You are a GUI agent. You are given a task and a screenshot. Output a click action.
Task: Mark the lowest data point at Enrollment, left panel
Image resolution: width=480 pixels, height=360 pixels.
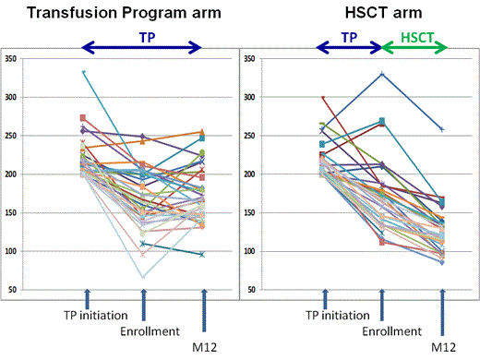tap(143, 276)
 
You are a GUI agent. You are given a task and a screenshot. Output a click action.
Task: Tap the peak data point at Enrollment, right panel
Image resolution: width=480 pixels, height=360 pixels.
tap(381, 74)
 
